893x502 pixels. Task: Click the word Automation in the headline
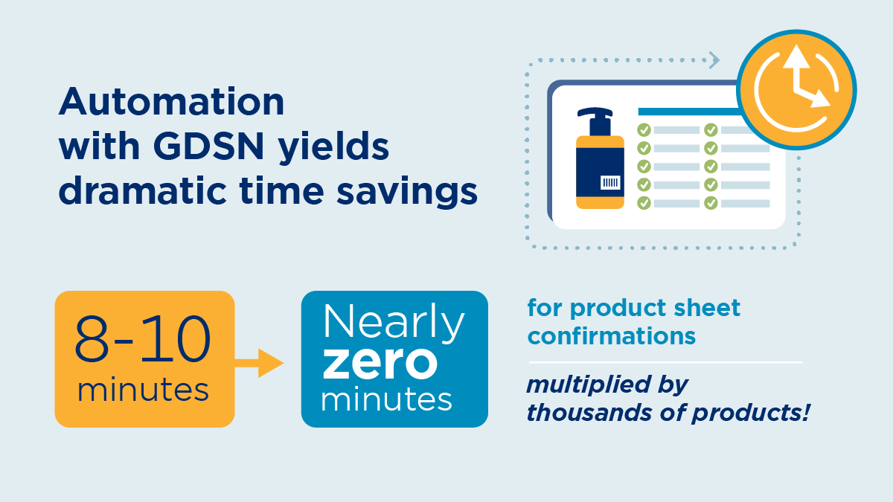point(171,102)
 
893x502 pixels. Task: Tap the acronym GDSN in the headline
point(208,147)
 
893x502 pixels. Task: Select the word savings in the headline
point(406,192)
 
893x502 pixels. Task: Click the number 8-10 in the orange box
point(142,338)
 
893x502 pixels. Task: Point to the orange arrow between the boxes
point(259,363)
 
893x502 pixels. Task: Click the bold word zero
point(380,363)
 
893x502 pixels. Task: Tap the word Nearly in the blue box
point(394,322)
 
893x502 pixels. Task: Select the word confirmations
point(612,336)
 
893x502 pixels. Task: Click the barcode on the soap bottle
point(610,183)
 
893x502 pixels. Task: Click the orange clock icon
point(796,90)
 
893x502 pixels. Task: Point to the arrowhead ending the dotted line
point(714,60)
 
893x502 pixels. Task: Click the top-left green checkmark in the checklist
point(644,130)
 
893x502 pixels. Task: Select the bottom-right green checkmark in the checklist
point(711,203)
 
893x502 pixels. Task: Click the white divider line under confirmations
point(665,363)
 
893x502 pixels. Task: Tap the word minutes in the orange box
point(143,390)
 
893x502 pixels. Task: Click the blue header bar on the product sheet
point(690,112)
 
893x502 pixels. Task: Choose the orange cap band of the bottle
point(600,142)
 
